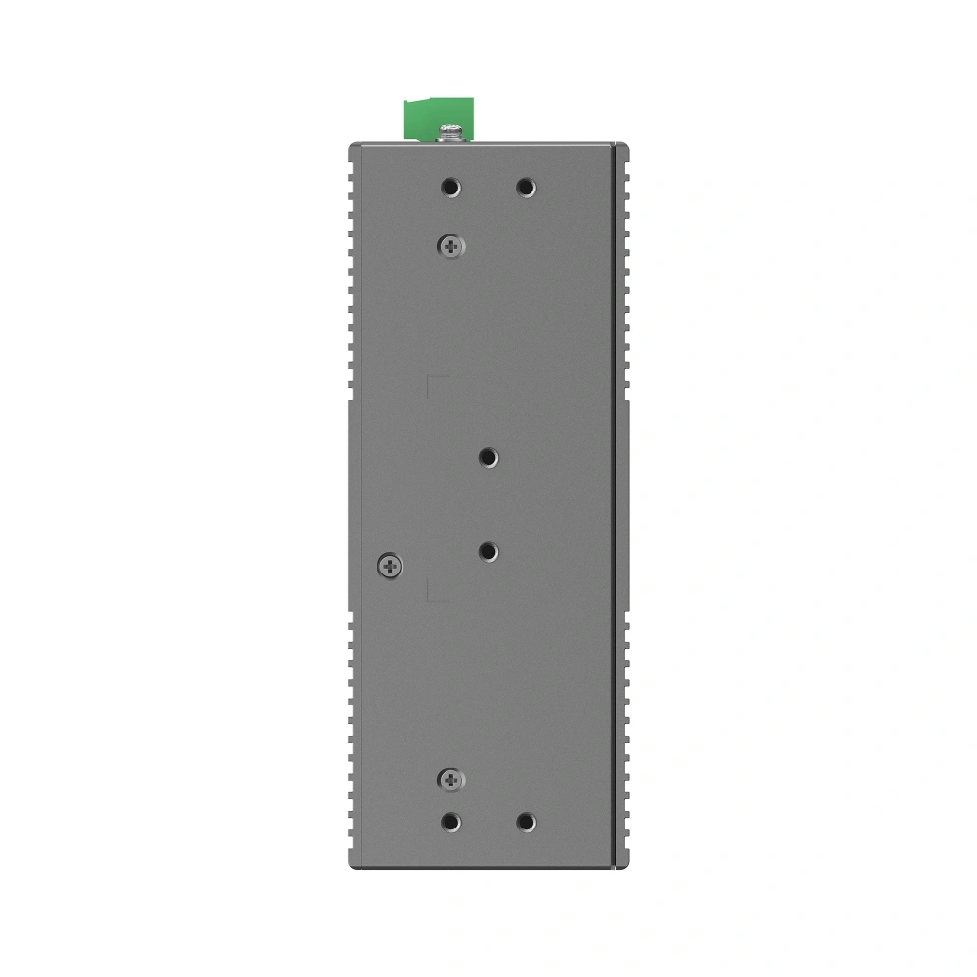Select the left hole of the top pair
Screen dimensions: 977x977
coord(449,187)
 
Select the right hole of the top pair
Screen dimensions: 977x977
coord(526,187)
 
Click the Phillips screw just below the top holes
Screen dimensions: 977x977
coord(449,247)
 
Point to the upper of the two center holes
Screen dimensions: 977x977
coord(488,456)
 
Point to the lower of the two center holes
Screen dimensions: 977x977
coord(488,552)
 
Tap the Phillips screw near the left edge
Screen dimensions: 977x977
coord(389,564)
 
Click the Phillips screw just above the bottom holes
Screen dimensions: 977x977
coord(449,779)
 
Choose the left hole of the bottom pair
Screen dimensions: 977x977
coord(449,823)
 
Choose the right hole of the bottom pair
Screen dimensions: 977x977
coord(526,823)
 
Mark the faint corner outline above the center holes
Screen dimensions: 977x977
coord(436,383)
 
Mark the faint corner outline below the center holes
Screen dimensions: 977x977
coord(436,592)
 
